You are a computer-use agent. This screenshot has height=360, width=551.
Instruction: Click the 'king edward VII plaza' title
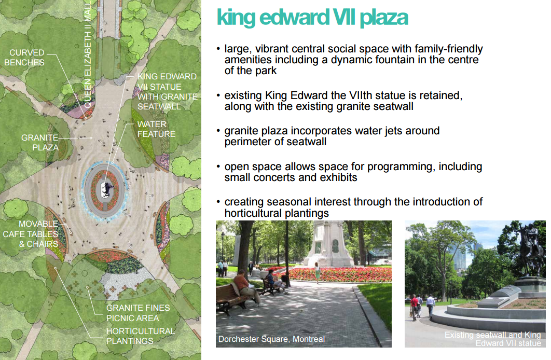pyautogui.click(x=312, y=18)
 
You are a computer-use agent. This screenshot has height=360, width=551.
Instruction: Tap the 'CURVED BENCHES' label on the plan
pyautogui.click(x=24, y=58)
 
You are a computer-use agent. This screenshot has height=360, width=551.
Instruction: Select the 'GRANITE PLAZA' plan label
pyautogui.click(x=40, y=143)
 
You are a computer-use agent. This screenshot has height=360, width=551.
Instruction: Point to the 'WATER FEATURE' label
pyautogui.click(x=156, y=129)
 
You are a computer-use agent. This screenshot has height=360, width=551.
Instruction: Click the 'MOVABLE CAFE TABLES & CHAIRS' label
pyautogui.click(x=31, y=234)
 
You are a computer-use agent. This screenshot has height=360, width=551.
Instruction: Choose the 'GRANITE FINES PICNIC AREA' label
pyautogui.click(x=138, y=313)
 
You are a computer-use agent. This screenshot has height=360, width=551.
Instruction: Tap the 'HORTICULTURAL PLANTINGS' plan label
pyautogui.click(x=141, y=336)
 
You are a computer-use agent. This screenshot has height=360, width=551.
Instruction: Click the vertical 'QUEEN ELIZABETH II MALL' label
pyautogui.click(x=88, y=54)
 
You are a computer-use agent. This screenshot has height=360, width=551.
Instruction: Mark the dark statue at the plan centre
pyautogui.click(x=107, y=189)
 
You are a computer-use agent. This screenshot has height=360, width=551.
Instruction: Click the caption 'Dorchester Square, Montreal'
pyautogui.click(x=272, y=339)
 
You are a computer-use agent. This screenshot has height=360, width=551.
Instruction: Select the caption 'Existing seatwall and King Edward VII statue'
pyautogui.click(x=493, y=339)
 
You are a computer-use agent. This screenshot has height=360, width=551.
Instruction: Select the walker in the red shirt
pyautogui.click(x=415, y=306)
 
